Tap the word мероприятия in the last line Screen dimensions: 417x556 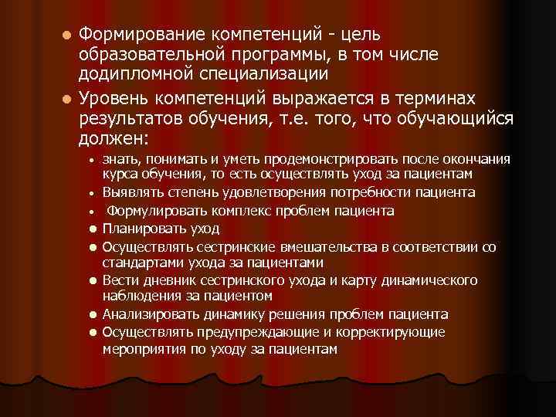pyautogui.click(x=142, y=349)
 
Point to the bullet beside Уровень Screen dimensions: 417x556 pyautogui.click(x=68, y=100)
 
